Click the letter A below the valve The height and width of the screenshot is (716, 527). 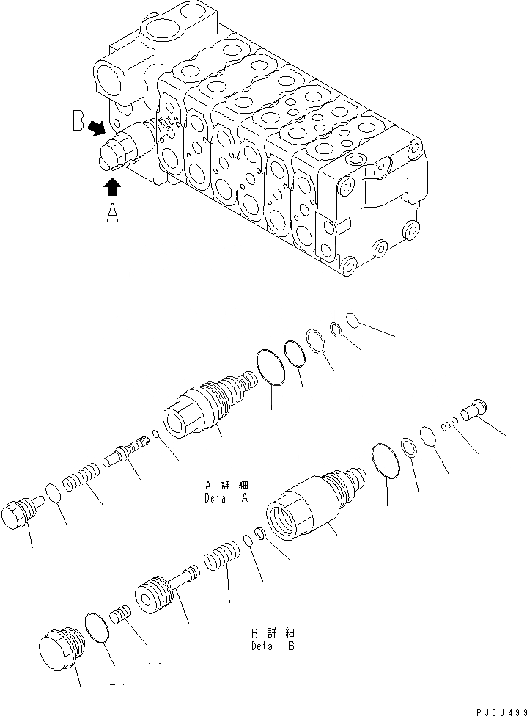(x=111, y=213)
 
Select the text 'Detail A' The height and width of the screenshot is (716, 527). (x=226, y=498)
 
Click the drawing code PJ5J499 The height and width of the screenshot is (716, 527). (x=498, y=709)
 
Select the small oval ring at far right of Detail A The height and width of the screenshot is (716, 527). (x=352, y=320)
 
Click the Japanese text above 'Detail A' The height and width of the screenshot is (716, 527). (x=227, y=486)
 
